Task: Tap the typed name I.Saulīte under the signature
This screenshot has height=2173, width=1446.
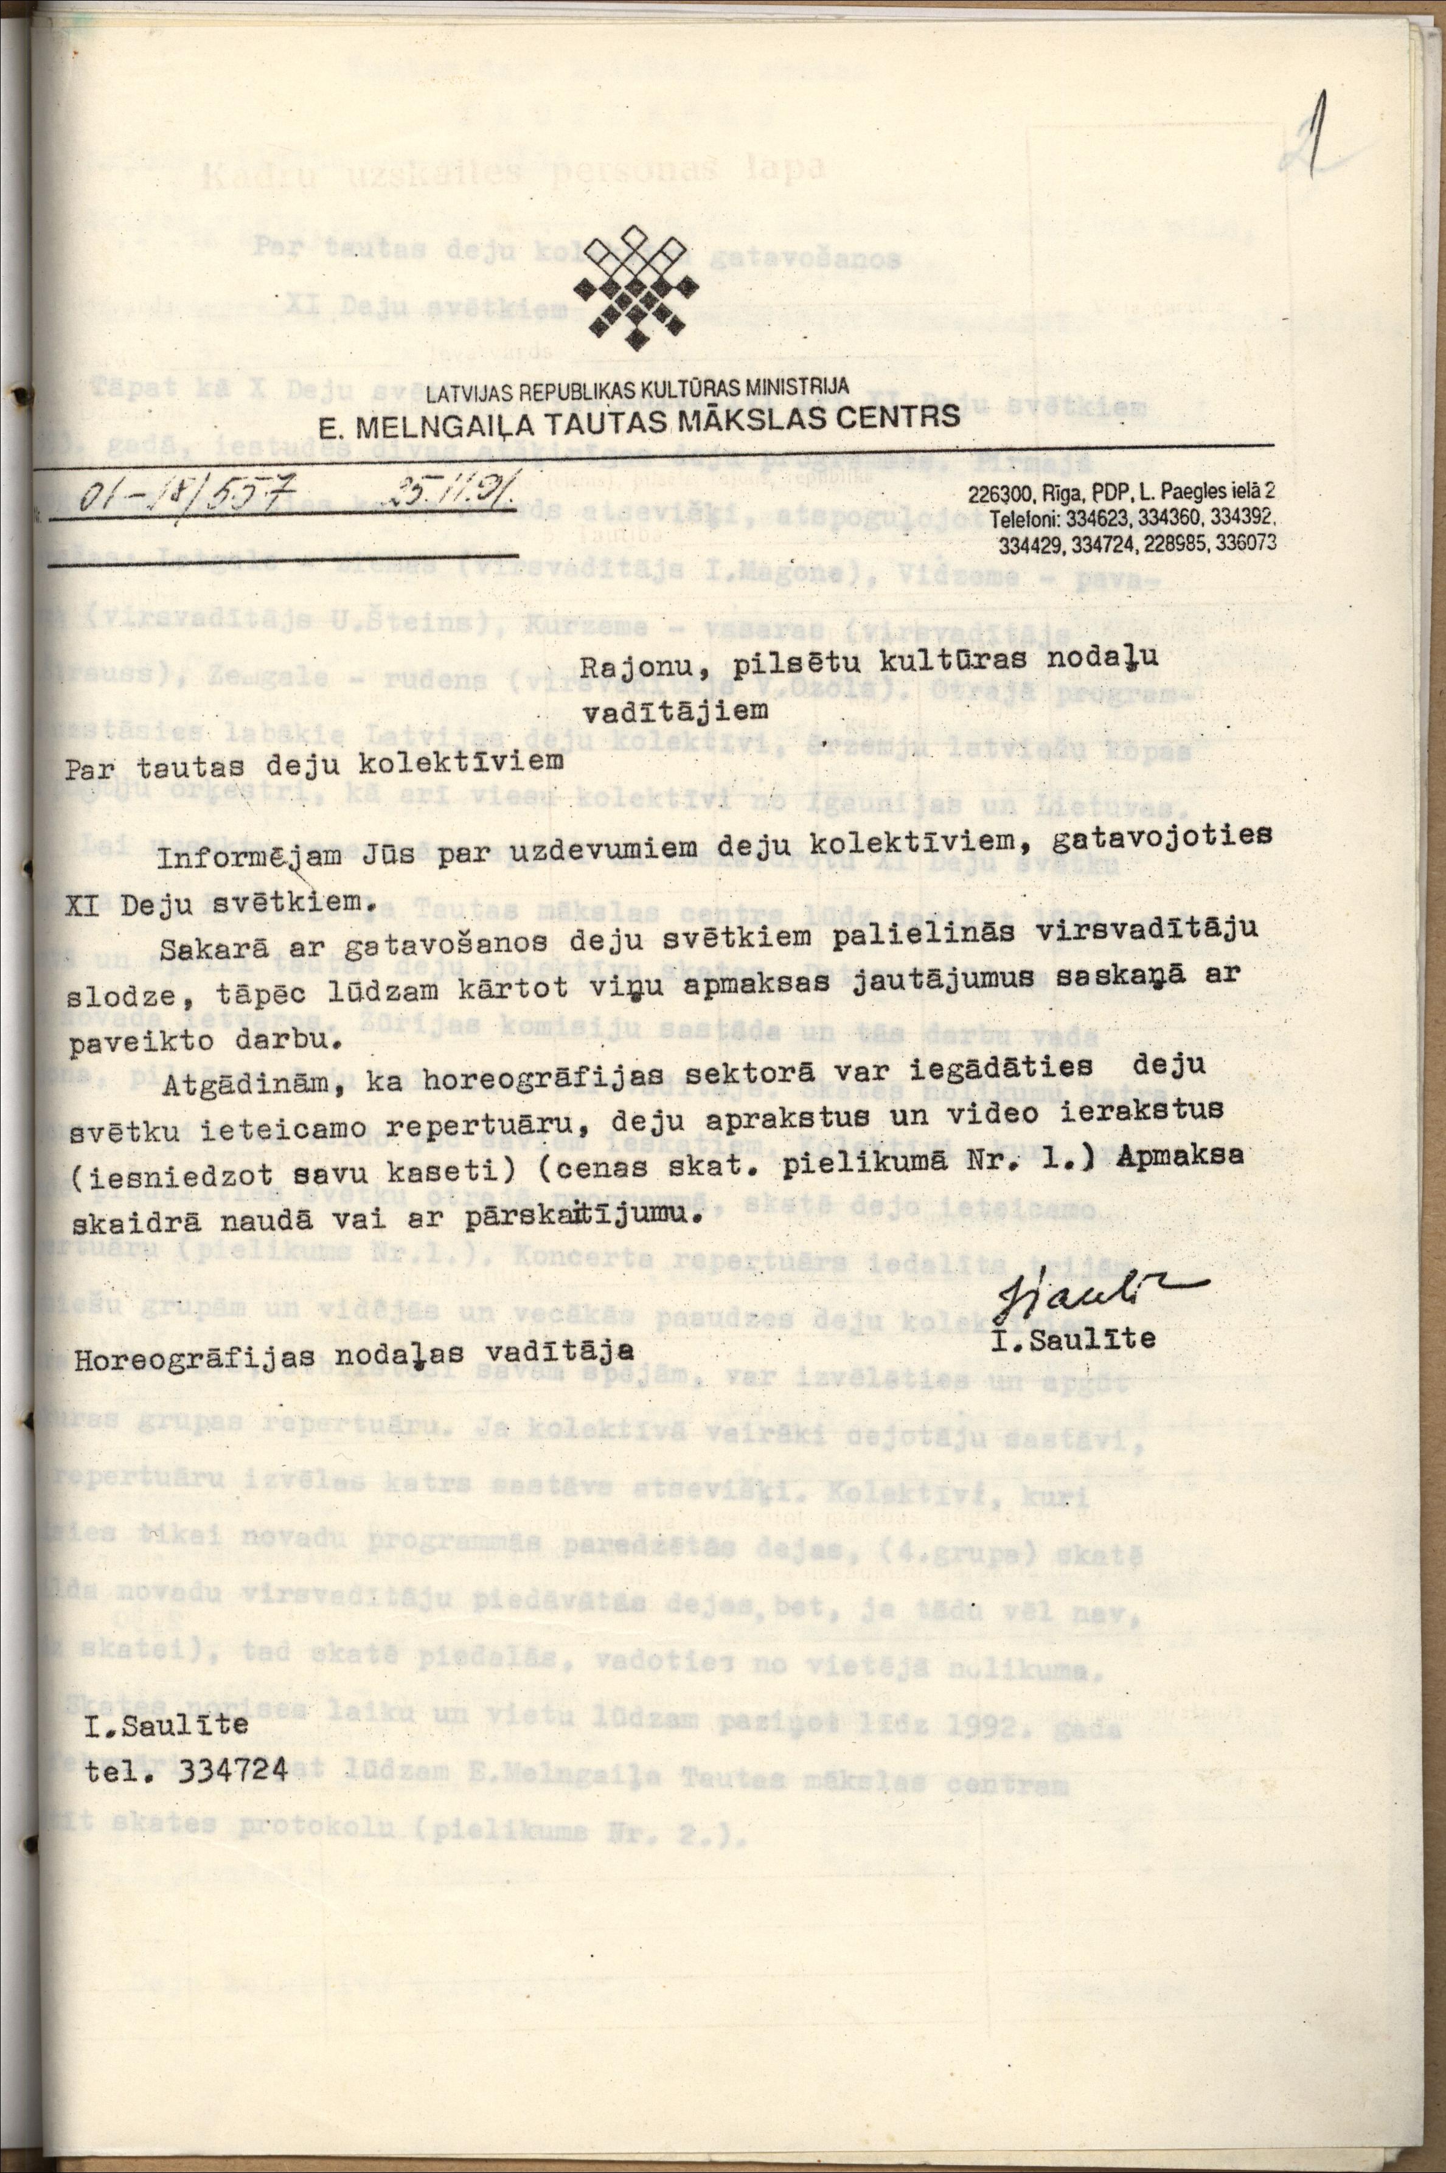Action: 1074,1338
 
